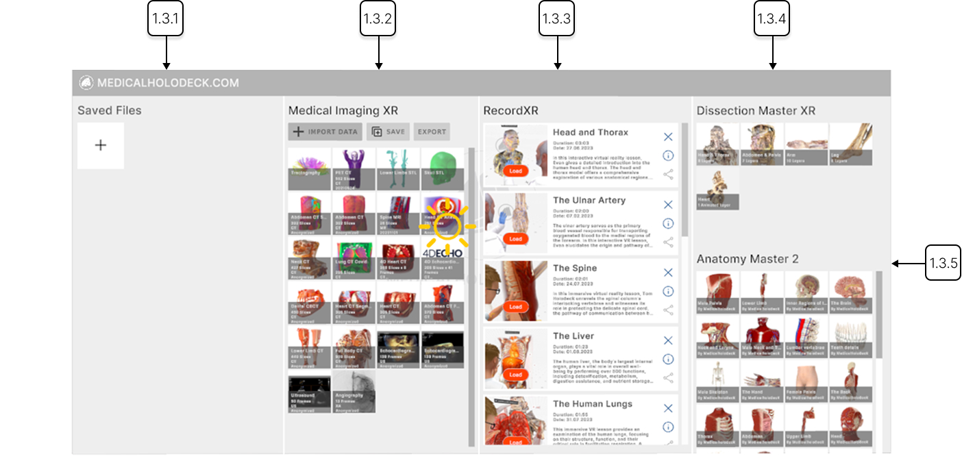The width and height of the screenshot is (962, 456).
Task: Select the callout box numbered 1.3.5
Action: (943, 263)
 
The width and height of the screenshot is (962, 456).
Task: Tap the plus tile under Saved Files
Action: (101, 145)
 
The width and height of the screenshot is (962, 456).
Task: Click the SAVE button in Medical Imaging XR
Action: (388, 132)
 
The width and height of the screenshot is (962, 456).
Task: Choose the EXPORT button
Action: (432, 132)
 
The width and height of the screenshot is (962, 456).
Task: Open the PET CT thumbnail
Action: (354, 168)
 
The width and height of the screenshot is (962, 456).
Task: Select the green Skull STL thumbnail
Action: (442, 168)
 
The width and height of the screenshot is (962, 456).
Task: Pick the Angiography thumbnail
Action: (354, 392)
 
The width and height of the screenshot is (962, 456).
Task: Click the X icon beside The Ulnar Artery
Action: (668, 205)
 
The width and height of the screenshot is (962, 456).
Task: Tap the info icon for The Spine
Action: (668, 291)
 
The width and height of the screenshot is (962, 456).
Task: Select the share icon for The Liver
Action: (668, 377)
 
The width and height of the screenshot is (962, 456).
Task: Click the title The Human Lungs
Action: (593, 404)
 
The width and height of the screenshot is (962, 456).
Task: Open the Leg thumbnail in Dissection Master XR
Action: (851, 144)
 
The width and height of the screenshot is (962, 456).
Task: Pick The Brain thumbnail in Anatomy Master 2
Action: (851, 292)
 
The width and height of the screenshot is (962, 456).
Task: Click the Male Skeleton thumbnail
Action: (717, 380)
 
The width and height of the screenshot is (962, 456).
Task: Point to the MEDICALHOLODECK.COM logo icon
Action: (86, 83)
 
